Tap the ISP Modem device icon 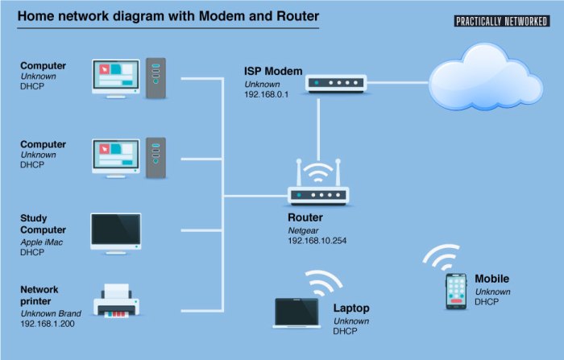click(336, 82)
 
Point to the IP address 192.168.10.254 click(317, 240)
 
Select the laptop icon click(297, 313)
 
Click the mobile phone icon click(457, 291)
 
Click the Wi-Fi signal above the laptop click(322, 283)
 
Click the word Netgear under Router click(304, 230)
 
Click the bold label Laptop click(350, 308)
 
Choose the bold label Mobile click(491, 279)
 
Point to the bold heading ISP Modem click(274, 71)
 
